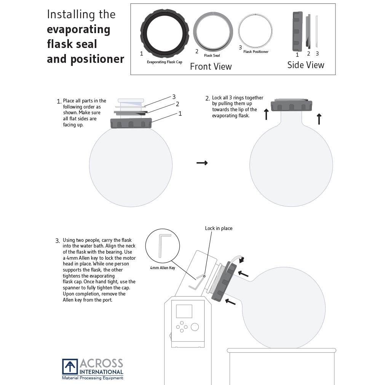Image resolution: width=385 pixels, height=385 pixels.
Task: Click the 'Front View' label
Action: (x=211, y=66)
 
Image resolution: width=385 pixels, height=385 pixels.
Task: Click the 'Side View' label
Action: (x=305, y=65)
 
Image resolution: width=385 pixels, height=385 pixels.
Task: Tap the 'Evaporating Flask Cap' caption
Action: (x=165, y=62)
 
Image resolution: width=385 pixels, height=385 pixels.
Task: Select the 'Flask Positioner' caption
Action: (x=256, y=52)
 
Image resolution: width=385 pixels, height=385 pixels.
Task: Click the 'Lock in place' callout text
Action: (x=219, y=228)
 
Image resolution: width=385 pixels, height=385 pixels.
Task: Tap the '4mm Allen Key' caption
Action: (x=162, y=268)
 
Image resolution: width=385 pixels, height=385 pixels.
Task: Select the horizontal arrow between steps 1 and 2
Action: (x=202, y=163)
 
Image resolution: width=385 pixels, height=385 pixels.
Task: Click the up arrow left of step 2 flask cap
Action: (x=266, y=114)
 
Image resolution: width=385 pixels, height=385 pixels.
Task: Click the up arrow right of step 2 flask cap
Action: (x=319, y=119)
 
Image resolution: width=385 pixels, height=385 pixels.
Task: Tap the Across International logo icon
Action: (x=70, y=366)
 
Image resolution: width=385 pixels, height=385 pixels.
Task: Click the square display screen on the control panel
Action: (x=184, y=311)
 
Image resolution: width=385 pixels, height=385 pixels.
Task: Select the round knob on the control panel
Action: (x=195, y=327)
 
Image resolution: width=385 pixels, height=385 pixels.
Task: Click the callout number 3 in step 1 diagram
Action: (x=174, y=97)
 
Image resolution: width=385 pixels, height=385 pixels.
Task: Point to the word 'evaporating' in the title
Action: (x=78, y=29)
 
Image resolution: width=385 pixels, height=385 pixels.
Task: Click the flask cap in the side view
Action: (x=297, y=31)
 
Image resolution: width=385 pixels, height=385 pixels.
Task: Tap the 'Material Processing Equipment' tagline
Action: (x=93, y=378)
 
